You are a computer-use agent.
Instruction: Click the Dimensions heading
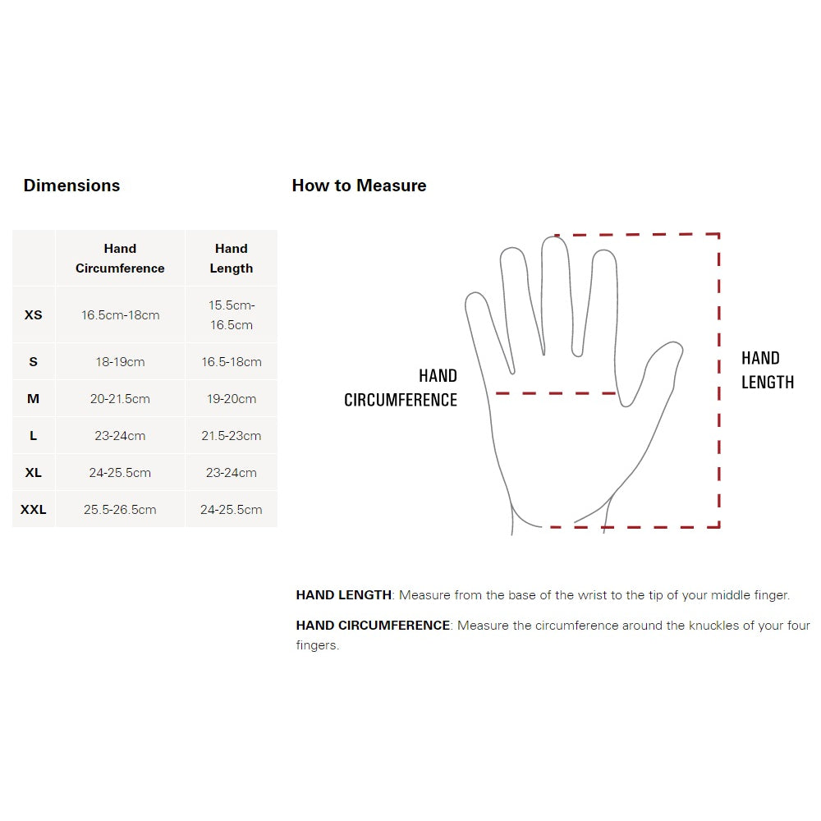pyautogui.click(x=71, y=186)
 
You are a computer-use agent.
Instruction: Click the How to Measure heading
pyautogui.click(x=360, y=186)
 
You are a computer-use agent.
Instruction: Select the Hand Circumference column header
pyautogui.click(x=120, y=258)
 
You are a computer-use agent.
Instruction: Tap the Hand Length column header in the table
pyautogui.click(x=232, y=258)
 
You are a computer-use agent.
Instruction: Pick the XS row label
pyautogui.click(x=33, y=314)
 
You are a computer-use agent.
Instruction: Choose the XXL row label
pyautogui.click(x=33, y=510)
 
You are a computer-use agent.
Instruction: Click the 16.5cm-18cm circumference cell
pyautogui.click(x=120, y=314)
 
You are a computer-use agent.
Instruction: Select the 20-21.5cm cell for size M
pyautogui.click(x=120, y=399)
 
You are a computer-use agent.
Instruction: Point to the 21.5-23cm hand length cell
pyautogui.click(x=232, y=436)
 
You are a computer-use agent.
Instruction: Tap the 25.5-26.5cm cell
pyautogui.click(x=120, y=510)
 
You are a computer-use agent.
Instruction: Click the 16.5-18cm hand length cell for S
pyautogui.click(x=232, y=362)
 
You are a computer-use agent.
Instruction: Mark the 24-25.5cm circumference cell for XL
pyautogui.click(x=120, y=473)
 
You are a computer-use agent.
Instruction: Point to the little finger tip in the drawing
pyautogui.click(x=474, y=294)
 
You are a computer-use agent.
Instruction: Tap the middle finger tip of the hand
pyautogui.click(x=555, y=238)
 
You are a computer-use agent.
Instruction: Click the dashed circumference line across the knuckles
pyautogui.click(x=556, y=393)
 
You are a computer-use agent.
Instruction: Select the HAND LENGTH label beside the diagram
pyautogui.click(x=768, y=370)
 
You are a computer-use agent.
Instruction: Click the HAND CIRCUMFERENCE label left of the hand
pyautogui.click(x=401, y=388)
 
